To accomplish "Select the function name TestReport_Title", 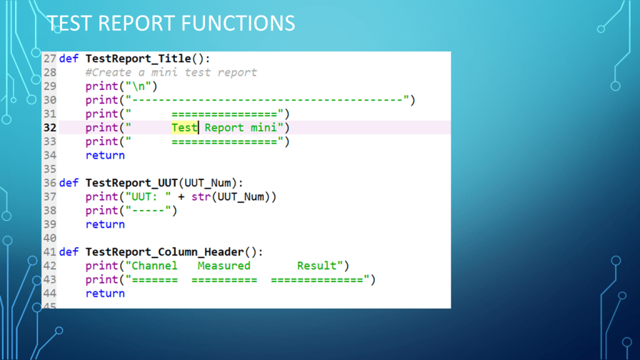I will [x=138, y=59].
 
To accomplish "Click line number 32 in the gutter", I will [x=49, y=127].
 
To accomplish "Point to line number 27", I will [x=49, y=59].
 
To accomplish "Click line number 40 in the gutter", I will [x=49, y=238].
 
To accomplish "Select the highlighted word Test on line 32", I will [x=184, y=127].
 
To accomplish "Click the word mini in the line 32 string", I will [x=264, y=127].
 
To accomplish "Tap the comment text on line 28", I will [x=171, y=72].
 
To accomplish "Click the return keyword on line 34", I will [x=105, y=155].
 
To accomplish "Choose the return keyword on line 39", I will [x=105, y=224].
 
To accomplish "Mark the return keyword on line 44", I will [x=105, y=293].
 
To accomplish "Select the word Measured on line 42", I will [x=224, y=266].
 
